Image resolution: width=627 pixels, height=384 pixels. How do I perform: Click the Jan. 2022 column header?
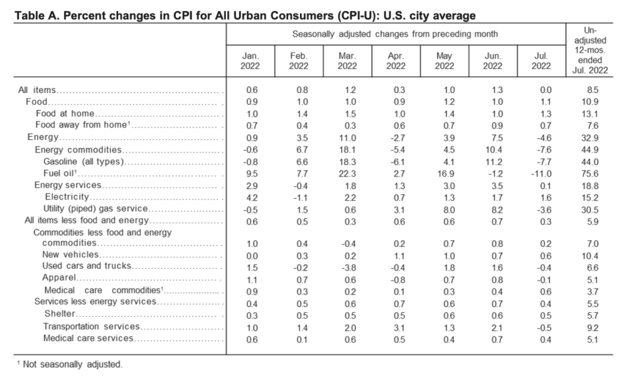[x=250, y=61]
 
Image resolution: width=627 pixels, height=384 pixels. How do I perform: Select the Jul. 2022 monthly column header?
[x=541, y=61]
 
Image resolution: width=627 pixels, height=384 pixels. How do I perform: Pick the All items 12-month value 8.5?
[x=592, y=90]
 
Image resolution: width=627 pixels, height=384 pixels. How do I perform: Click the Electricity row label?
[x=67, y=197]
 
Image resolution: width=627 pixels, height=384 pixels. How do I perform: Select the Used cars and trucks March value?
[x=350, y=267]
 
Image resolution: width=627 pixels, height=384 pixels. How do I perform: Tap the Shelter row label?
[x=59, y=314]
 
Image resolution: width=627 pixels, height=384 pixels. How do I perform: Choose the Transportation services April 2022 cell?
[x=399, y=328]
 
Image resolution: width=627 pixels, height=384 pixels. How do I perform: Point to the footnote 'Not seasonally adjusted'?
[x=73, y=364]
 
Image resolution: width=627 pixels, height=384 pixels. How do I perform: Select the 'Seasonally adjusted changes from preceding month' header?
[x=395, y=34]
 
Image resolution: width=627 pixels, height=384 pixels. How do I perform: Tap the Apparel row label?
[x=59, y=278]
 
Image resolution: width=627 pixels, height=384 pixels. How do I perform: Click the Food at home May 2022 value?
[x=449, y=114]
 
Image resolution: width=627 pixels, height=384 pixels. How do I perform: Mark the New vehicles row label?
[x=70, y=254]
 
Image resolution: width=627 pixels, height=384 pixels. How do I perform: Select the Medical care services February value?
[x=302, y=340]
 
